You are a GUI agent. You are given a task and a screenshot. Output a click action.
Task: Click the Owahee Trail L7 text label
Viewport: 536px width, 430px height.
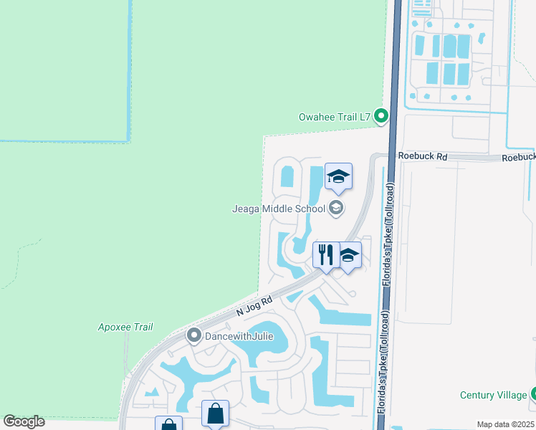click(333, 116)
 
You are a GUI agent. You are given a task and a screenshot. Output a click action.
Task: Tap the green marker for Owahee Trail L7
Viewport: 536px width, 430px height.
click(382, 115)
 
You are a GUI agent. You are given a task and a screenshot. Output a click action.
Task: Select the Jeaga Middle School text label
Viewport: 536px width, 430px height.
click(278, 209)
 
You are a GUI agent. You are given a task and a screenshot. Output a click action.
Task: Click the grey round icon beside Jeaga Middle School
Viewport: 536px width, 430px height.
click(335, 209)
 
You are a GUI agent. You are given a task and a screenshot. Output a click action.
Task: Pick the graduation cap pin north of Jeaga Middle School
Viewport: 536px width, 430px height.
click(338, 176)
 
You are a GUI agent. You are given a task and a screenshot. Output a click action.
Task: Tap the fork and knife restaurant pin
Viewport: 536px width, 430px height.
click(325, 255)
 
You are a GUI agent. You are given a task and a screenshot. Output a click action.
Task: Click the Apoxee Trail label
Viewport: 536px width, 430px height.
click(125, 328)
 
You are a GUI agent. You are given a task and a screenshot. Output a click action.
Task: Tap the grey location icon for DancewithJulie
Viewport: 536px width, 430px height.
click(193, 335)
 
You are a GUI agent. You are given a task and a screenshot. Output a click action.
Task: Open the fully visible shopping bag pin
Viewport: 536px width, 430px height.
click(215, 414)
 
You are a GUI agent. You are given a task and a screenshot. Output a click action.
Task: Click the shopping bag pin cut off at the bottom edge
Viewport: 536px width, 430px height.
click(168, 424)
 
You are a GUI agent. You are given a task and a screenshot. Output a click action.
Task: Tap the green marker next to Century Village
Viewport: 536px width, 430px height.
click(533, 394)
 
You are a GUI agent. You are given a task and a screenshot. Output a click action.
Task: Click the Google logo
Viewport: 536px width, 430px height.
click(24, 421)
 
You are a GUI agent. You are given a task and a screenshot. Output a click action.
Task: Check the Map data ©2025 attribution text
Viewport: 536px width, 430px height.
click(504, 424)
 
